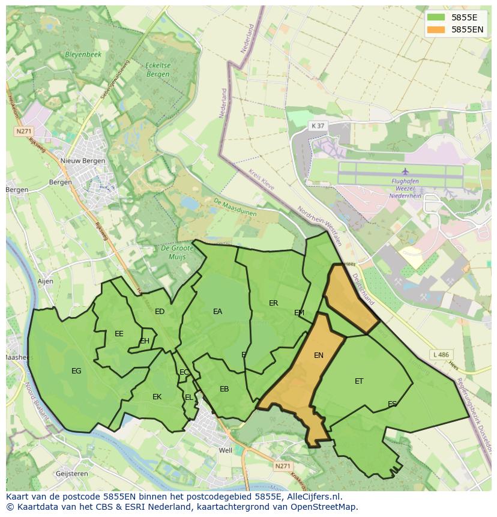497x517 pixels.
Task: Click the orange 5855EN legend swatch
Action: (x=436, y=29)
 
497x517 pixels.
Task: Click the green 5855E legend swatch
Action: (x=436, y=17)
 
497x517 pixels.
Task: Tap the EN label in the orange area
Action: (x=319, y=355)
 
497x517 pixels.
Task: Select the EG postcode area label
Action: (x=76, y=371)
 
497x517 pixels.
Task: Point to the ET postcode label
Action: (x=359, y=381)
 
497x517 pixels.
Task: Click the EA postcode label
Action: (x=217, y=312)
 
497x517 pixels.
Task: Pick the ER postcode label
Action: (x=274, y=303)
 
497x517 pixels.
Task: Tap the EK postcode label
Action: (x=157, y=397)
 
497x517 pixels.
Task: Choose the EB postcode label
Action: (x=224, y=389)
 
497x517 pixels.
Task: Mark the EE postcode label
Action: (x=119, y=334)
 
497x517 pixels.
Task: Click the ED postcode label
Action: (x=160, y=312)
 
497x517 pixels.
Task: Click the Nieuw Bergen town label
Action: (x=83, y=161)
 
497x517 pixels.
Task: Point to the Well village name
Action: (x=226, y=450)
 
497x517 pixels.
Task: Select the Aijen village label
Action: (x=45, y=281)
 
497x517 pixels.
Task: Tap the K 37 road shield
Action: (x=318, y=125)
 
